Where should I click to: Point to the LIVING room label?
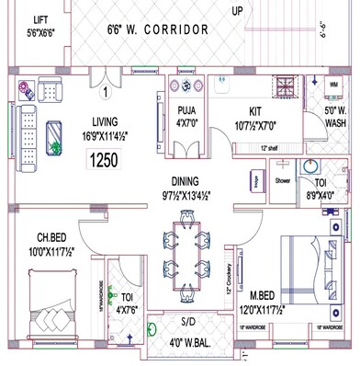[111, 120]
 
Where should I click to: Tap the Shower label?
[282, 181]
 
